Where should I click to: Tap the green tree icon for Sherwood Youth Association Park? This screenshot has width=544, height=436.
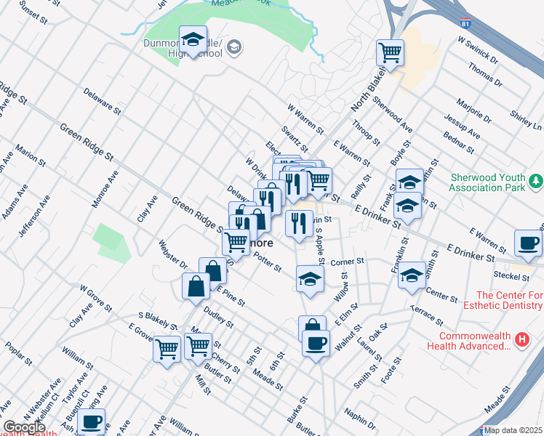click(x=536, y=179)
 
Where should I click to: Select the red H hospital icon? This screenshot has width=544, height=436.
click(x=521, y=339)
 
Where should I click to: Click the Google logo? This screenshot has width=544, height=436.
click(x=24, y=428)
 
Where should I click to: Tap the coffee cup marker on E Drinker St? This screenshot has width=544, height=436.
click(x=528, y=243)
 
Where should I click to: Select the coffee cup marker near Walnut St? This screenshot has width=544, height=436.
click(x=316, y=344)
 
